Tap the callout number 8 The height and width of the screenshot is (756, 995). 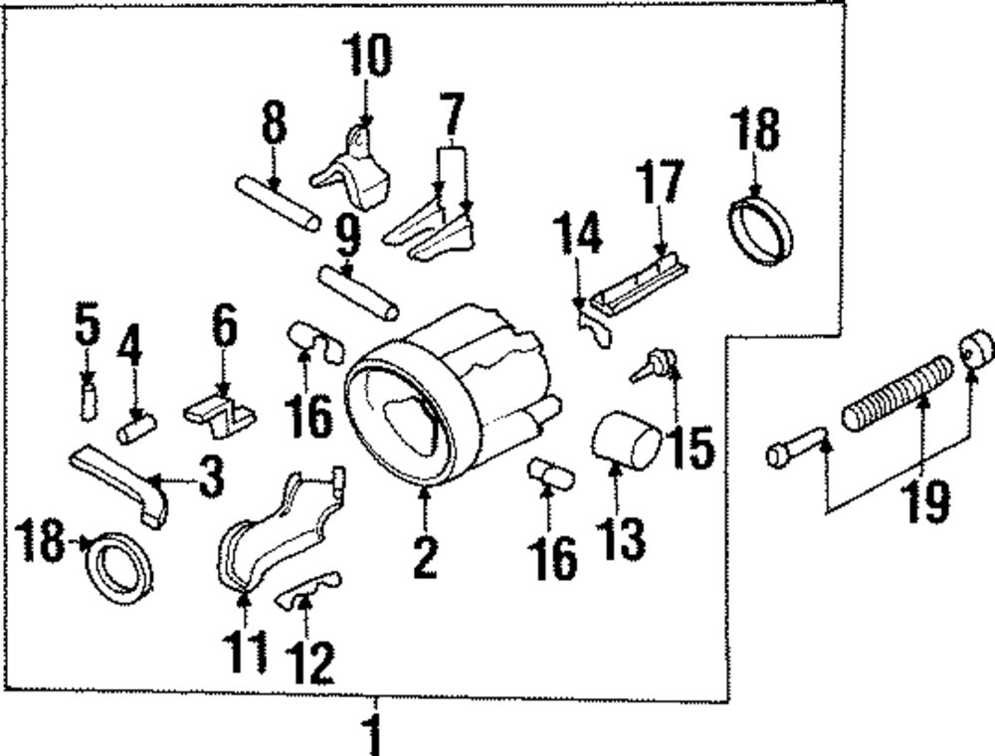click(x=274, y=126)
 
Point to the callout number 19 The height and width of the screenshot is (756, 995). click(x=926, y=501)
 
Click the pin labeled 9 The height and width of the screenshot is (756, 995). click(x=358, y=291)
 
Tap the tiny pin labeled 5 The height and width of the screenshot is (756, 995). click(x=88, y=400)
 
